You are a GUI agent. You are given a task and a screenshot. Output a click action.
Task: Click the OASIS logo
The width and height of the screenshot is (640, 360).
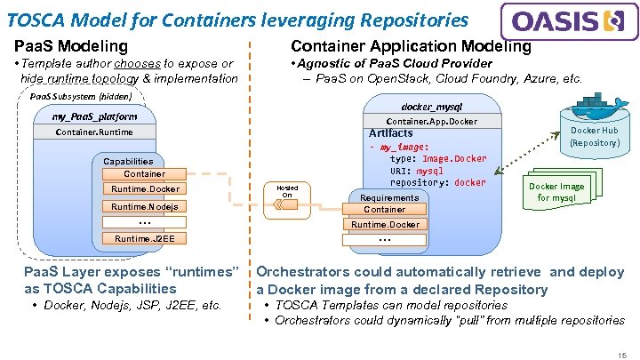click(569, 22)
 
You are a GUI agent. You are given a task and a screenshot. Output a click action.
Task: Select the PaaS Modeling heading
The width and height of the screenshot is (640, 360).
click(71, 45)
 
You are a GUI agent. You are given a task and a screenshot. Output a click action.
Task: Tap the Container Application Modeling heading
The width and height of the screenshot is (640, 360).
click(411, 45)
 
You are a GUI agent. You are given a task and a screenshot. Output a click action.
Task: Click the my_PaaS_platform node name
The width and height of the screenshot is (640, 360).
click(94, 116)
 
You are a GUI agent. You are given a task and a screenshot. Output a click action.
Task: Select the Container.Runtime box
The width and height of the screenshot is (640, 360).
click(94, 132)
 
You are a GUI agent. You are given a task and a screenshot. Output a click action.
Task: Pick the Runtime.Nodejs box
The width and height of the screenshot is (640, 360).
click(145, 206)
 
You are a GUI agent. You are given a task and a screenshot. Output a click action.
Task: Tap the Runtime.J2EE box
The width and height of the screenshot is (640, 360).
click(145, 238)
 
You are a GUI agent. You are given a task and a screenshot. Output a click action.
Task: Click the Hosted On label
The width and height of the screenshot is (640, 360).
click(287, 191)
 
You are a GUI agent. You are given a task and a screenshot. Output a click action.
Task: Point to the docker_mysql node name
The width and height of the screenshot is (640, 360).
click(431, 107)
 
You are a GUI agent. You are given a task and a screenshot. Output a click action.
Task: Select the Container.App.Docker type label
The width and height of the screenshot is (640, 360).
click(431, 121)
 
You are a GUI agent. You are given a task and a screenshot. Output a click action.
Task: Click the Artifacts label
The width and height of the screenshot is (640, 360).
click(391, 133)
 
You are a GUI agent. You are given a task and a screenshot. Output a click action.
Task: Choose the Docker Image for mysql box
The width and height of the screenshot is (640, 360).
click(557, 192)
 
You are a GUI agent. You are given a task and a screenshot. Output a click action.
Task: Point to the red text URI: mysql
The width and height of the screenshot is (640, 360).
click(416, 171)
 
